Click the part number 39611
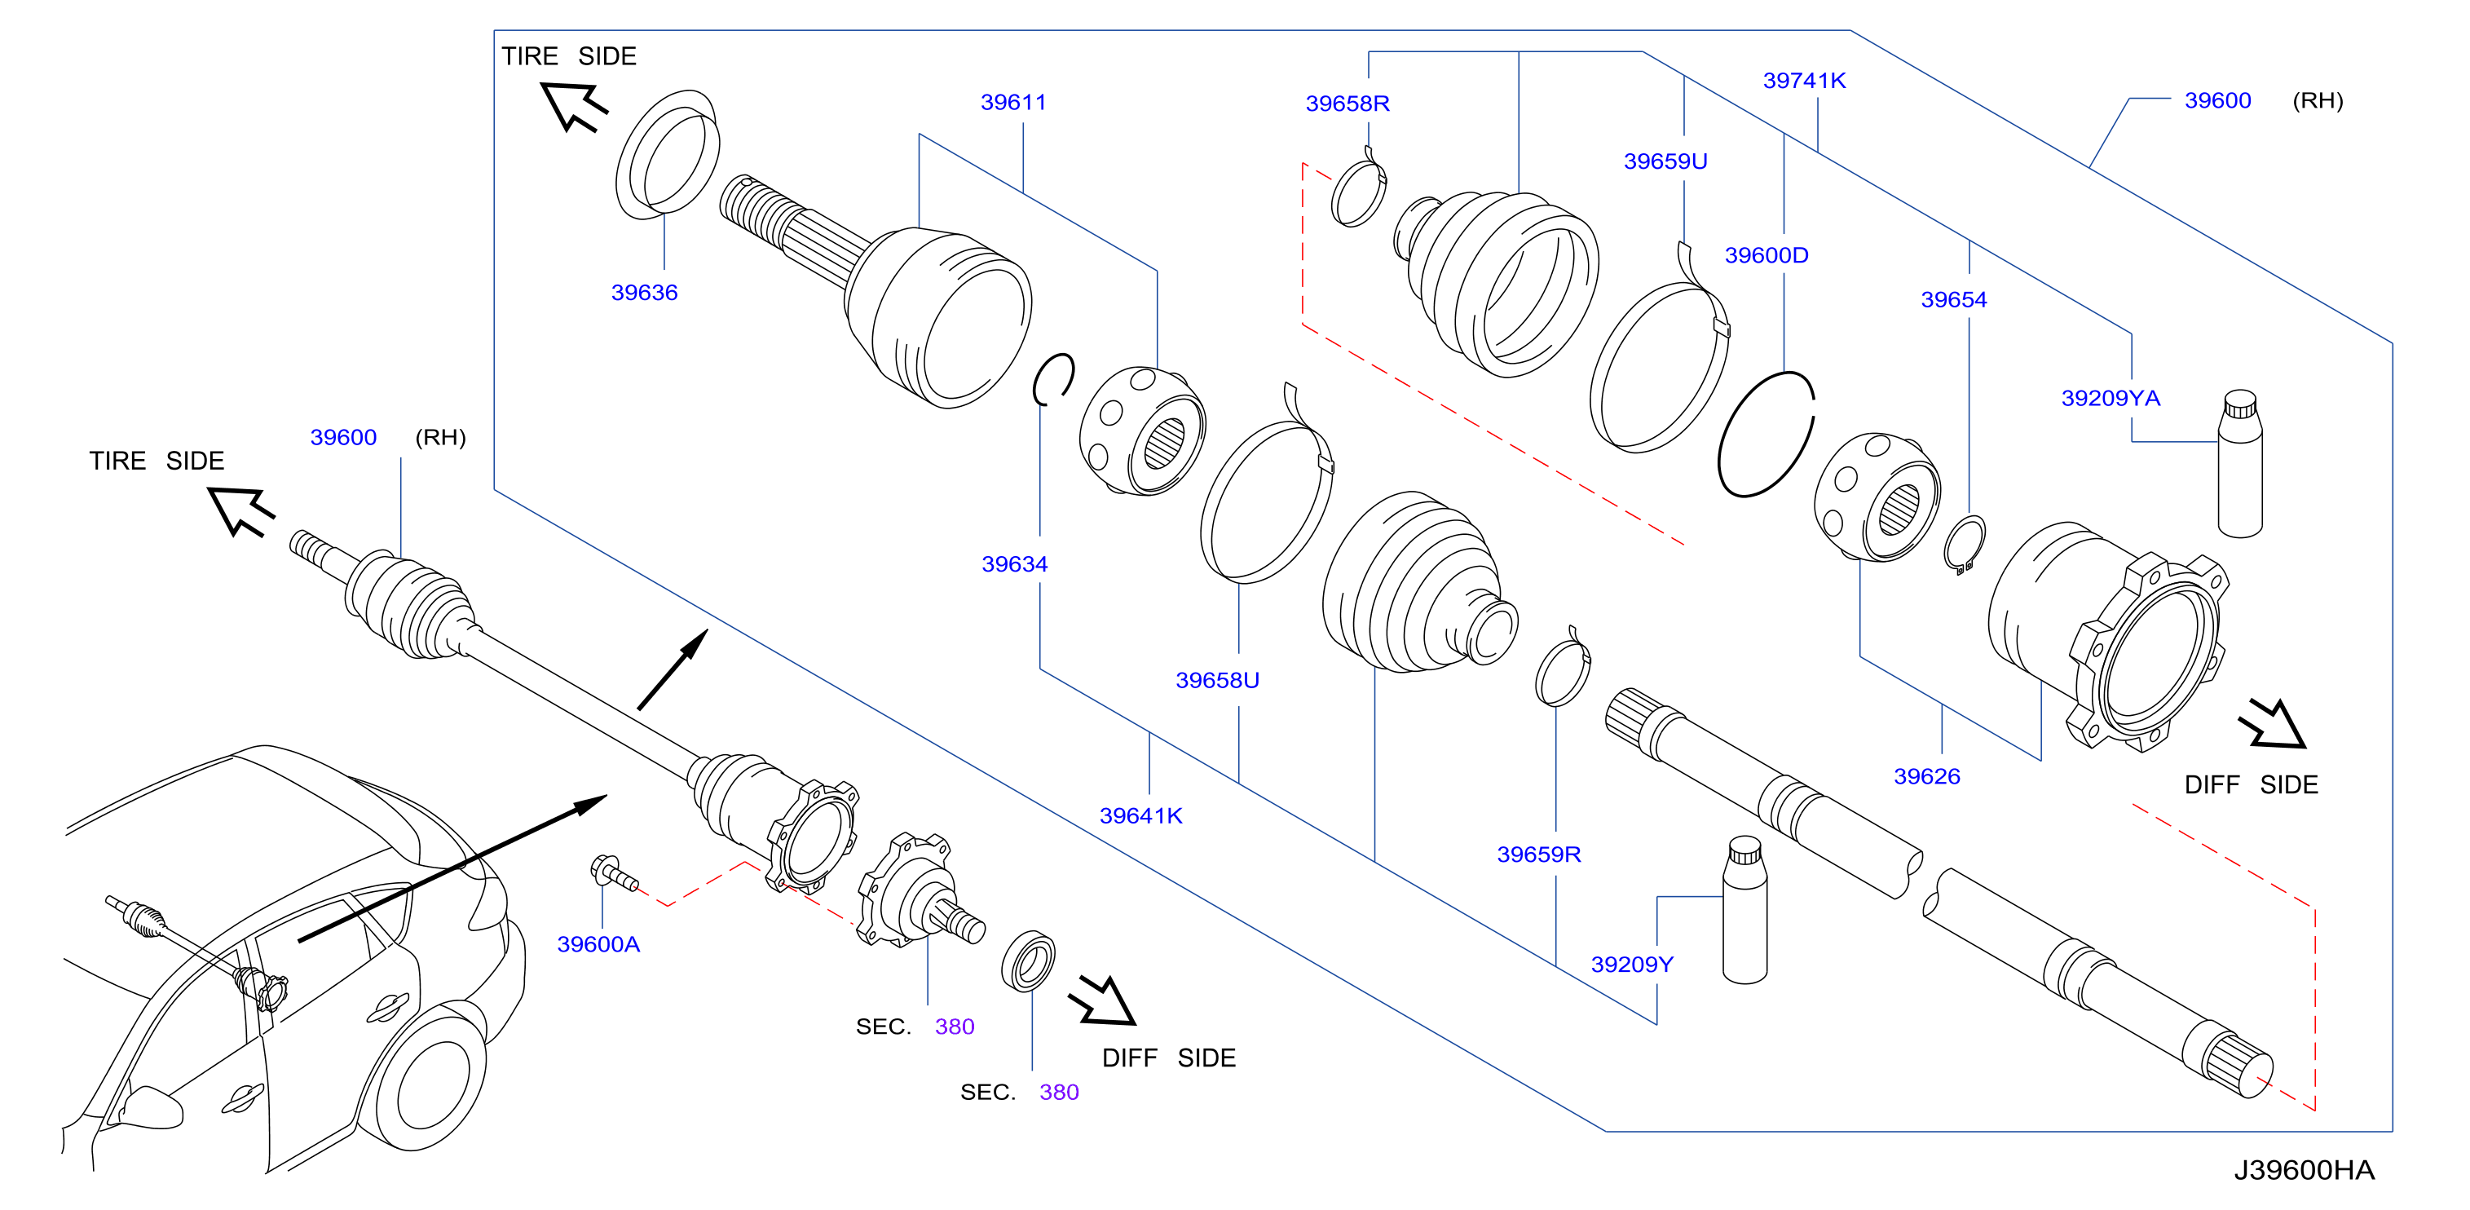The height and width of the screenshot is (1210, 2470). [x=1012, y=102]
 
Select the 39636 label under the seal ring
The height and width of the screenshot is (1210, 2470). [x=644, y=293]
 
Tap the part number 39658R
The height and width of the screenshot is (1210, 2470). [x=1347, y=104]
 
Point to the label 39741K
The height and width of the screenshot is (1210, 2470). [x=1804, y=81]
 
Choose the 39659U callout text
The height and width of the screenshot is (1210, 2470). [x=1665, y=161]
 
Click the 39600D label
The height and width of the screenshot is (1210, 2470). [x=1766, y=255]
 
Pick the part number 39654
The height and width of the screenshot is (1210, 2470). [x=1953, y=299]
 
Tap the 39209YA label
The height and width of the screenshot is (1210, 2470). [x=2111, y=398]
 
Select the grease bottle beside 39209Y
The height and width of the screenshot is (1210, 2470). [x=1744, y=910]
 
